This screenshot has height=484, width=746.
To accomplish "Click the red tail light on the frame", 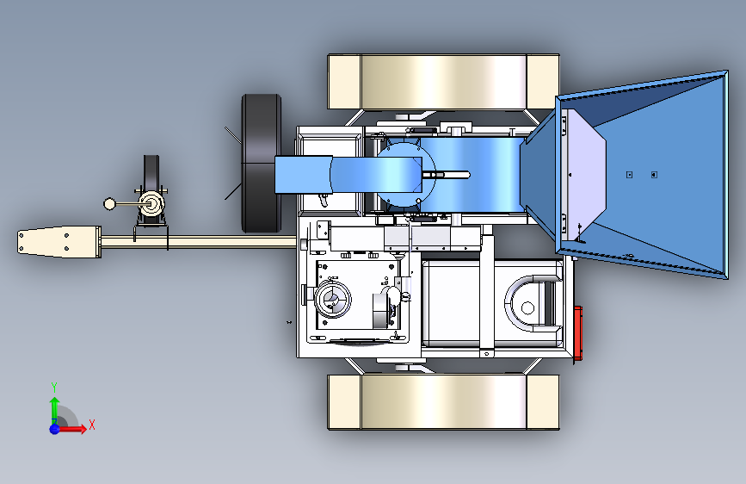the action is click(578, 333).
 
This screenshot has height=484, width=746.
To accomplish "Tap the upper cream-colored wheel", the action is click(443, 82).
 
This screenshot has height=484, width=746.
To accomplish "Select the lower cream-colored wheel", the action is click(443, 402).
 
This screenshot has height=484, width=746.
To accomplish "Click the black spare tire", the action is click(262, 163).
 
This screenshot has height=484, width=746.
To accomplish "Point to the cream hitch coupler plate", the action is click(59, 242).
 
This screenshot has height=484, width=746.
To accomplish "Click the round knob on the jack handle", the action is click(109, 204).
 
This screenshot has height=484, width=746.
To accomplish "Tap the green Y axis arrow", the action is click(55, 408).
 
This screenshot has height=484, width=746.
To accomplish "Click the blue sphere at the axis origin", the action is click(55, 429).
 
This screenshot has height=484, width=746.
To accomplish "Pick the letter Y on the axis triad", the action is click(54, 387).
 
